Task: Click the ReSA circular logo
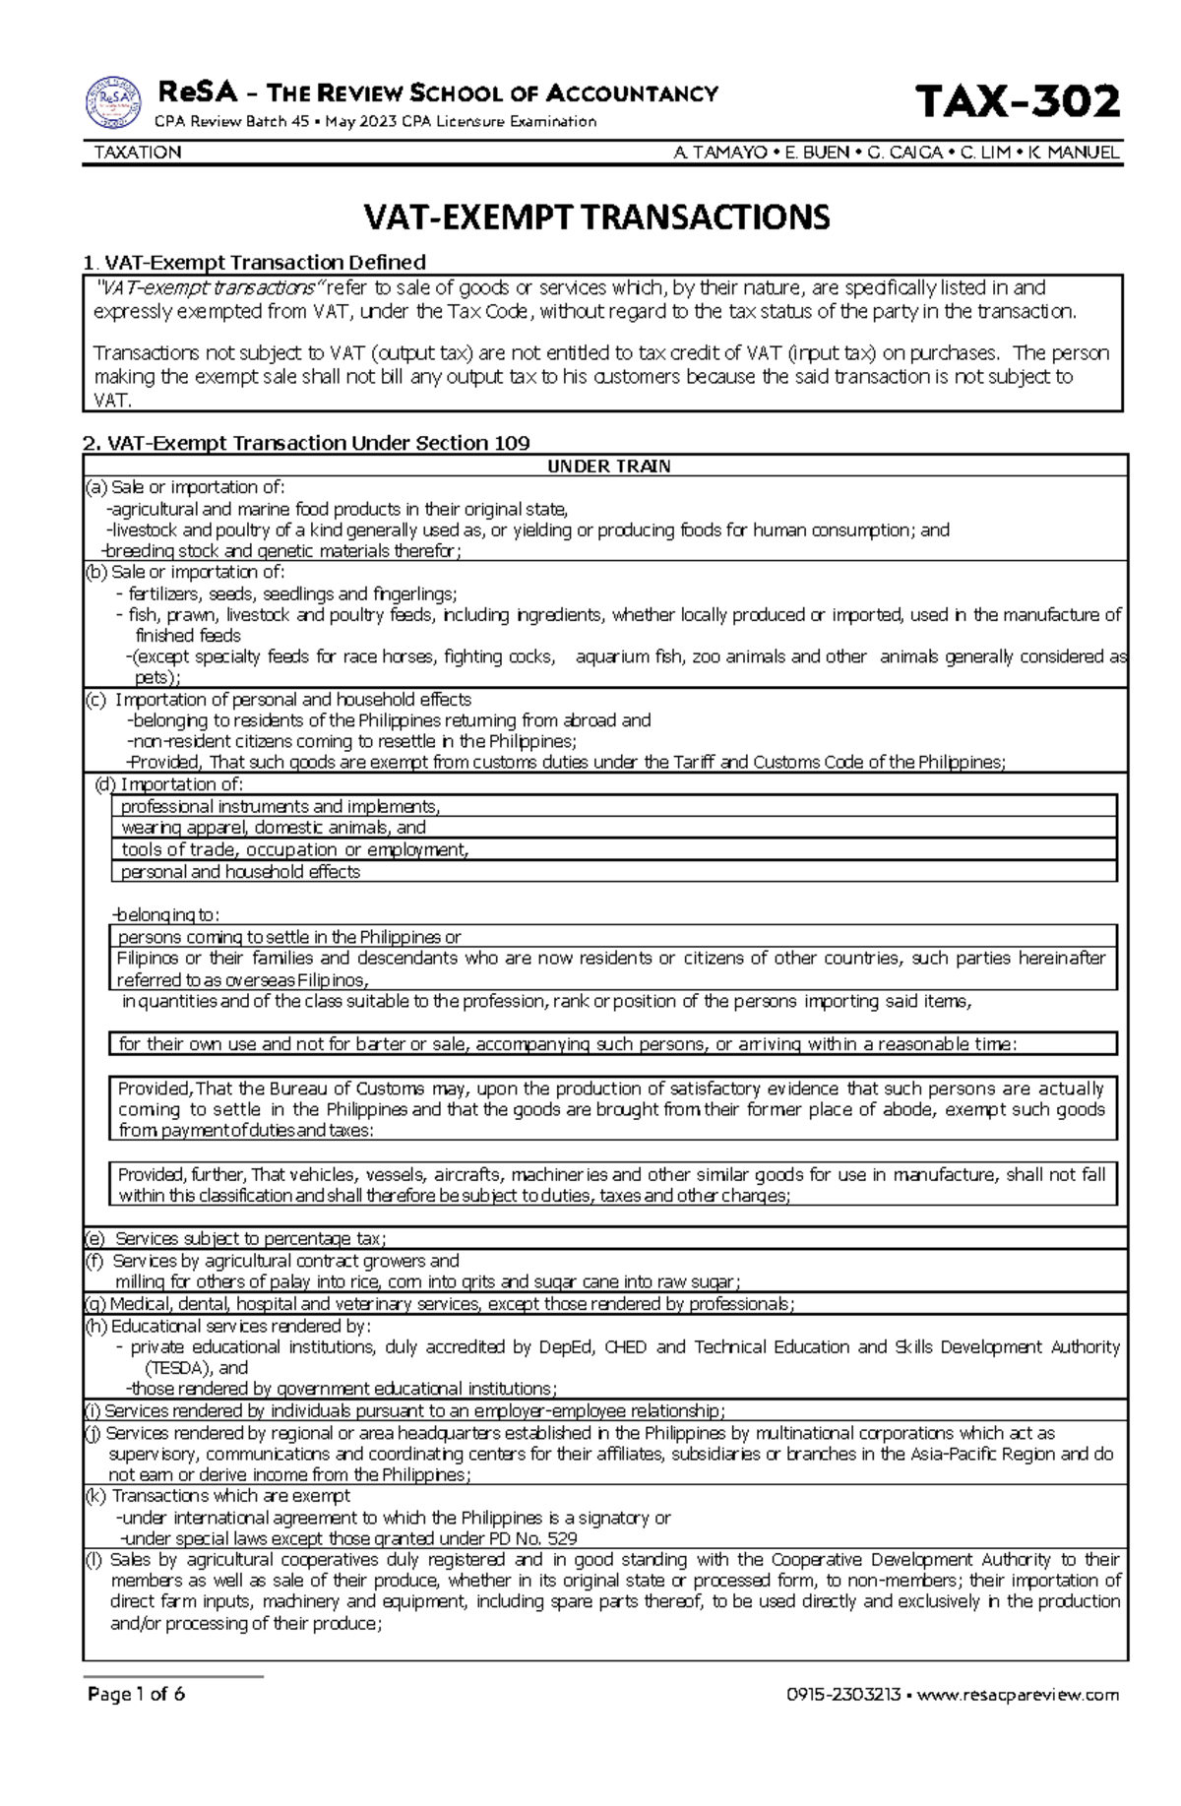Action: tap(114, 102)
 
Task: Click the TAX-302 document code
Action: tap(1017, 102)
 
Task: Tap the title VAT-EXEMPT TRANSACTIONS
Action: tap(597, 217)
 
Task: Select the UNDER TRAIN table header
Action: tap(608, 467)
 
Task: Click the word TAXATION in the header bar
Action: tap(137, 153)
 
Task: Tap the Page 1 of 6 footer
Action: tap(136, 1694)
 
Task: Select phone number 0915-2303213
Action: tap(842, 1695)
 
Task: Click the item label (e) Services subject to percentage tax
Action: tap(236, 1238)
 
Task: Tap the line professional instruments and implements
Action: tap(280, 806)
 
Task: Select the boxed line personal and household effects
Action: tap(240, 872)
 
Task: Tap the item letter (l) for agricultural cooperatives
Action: tap(93, 1560)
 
